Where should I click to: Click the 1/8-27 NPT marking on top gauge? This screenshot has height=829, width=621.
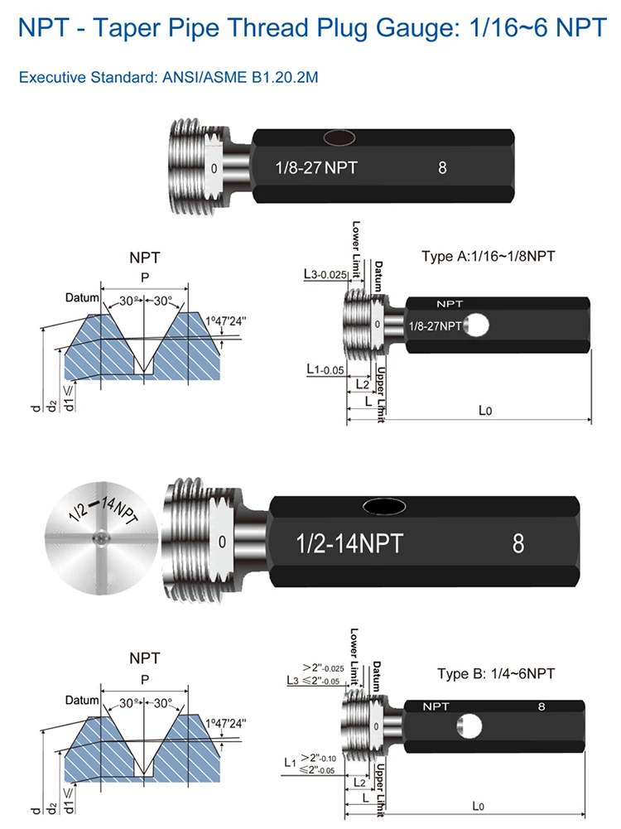(315, 167)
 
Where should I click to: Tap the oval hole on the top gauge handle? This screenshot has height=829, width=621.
(339, 137)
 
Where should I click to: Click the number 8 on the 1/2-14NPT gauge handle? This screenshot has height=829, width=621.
(518, 543)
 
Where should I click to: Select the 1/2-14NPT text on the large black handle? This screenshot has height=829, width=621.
(349, 544)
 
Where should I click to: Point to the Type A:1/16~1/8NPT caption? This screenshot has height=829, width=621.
(488, 256)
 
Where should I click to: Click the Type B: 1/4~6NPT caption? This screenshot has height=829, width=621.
(495, 673)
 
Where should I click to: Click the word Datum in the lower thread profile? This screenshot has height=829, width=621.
(82, 700)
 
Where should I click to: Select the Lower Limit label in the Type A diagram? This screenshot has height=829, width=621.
(356, 242)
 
